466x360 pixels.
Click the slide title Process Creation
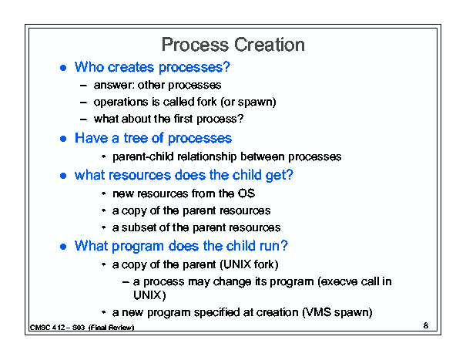pyautogui.click(x=233, y=45)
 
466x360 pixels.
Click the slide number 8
pyautogui.click(x=426, y=325)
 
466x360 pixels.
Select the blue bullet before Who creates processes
pyautogui.click(x=63, y=68)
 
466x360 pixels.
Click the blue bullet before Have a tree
pyautogui.click(x=63, y=139)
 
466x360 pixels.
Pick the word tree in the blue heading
pyautogui.click(x=136, y=138)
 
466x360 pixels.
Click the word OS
pyautogui.click(x=246, y=193)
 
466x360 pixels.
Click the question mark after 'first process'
pyautogui.click(x=240, y=119)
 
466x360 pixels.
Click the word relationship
pyautogui.click(x=207, y=156)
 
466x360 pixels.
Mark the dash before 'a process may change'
pyautogui.click(x=126, y=282)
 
